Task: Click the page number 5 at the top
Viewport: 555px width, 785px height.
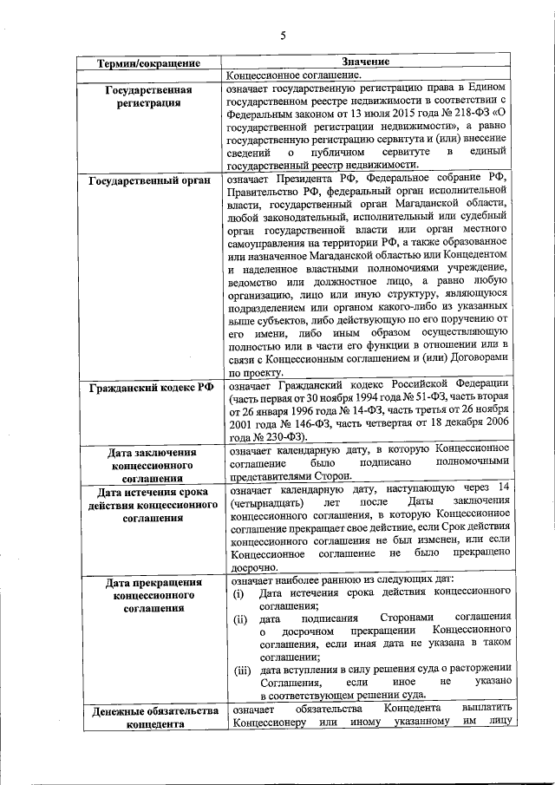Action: click(x=283, y=35)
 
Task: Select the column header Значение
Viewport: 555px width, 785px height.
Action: click(x=365, y=62)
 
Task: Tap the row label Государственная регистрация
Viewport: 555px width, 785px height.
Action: click(x=148, y=96)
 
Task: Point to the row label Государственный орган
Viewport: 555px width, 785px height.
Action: click(x=148, y=181)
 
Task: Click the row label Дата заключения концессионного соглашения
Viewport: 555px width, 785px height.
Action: click(x=148, y=465)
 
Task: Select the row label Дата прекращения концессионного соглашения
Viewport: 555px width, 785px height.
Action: click(x=148, y=595)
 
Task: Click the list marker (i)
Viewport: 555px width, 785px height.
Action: click(x=238, y=593)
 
